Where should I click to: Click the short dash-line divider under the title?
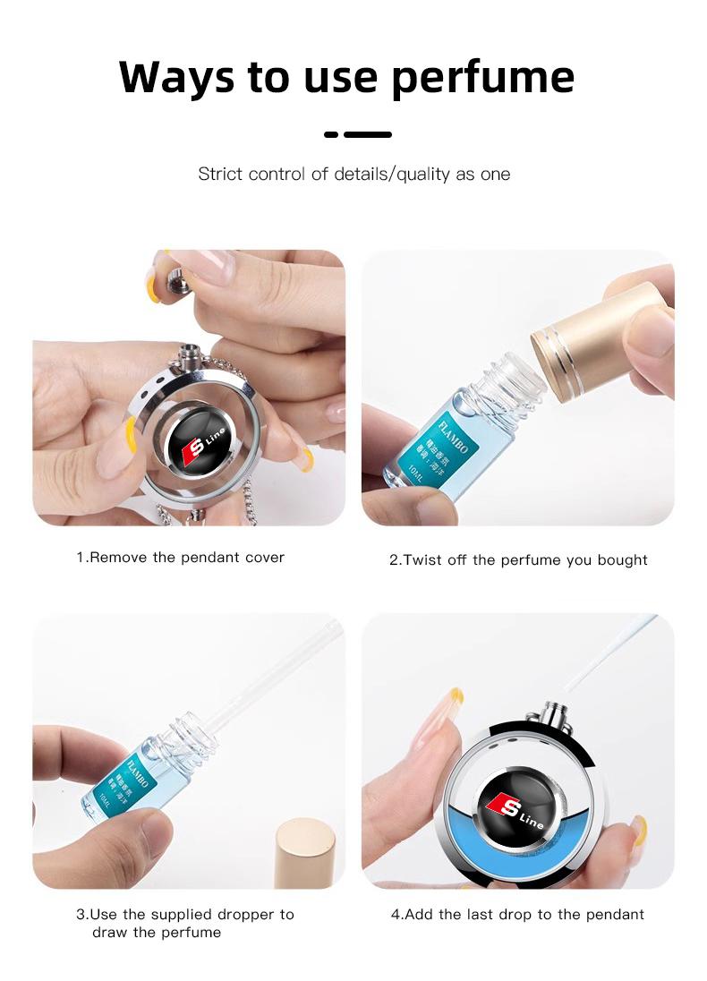pos(357,134)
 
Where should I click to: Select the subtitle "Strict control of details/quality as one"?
pos(353,174)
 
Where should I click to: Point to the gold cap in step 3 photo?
pos(305,854)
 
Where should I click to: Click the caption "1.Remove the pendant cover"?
pos(180,557)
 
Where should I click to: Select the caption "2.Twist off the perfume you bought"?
pos(517,559)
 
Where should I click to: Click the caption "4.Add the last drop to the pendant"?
pos(517,914)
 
